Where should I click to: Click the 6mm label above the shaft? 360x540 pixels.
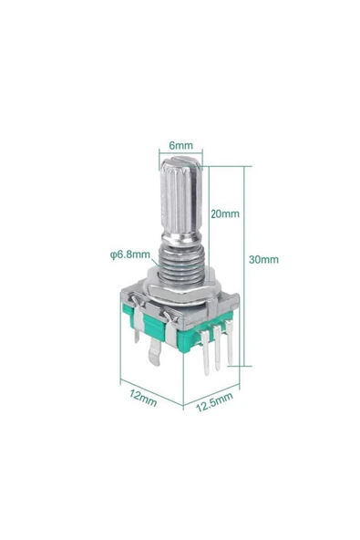point(180,144)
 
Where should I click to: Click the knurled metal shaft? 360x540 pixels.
point(180,201)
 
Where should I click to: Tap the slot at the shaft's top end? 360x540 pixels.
point(180,165)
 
